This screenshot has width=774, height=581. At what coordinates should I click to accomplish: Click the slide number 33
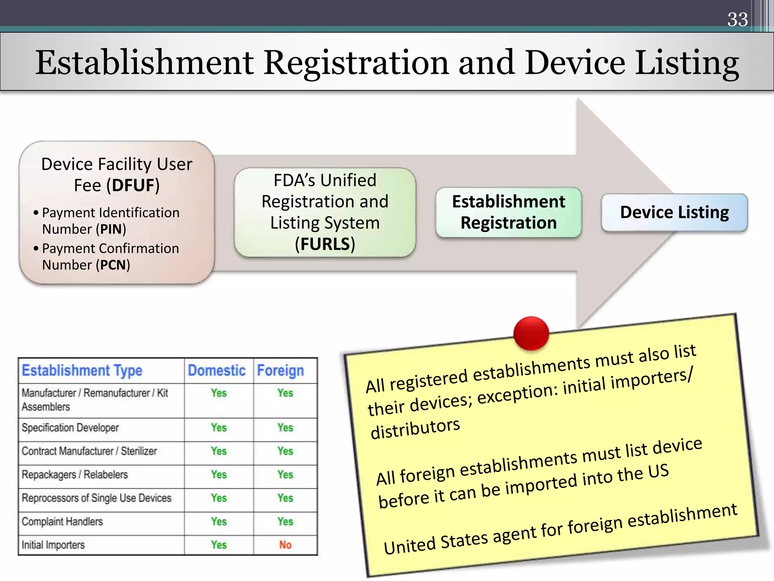(737, 19)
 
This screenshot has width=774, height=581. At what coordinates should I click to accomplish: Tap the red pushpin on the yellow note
(531, 333)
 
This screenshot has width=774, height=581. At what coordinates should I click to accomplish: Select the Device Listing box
(674, 212)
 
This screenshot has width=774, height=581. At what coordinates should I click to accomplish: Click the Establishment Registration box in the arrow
(508, 212)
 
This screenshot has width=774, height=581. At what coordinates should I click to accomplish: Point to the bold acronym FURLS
(325, 244)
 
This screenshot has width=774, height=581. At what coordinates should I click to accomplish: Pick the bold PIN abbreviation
(111, 229)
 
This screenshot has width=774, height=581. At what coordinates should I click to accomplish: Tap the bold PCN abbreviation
(113, 265)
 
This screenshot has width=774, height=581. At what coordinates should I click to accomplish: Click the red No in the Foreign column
(285, 545)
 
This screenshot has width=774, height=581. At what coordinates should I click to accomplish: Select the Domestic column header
(217, 370)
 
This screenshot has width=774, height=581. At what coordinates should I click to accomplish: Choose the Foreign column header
(280, 370)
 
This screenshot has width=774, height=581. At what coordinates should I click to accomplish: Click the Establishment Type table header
(82, 370)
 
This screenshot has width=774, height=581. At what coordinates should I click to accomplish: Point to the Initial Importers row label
(53, 545)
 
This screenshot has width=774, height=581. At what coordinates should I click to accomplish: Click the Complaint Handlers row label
(62, 521)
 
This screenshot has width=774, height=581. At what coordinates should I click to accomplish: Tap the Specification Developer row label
(70, 427)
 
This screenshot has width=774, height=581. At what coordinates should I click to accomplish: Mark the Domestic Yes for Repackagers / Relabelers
(219, 474)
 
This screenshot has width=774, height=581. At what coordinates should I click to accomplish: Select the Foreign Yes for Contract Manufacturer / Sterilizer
(285, 451)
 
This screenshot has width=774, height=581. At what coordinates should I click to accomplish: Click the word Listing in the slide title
(687, 62)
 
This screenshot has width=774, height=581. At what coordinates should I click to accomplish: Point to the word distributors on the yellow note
(415, 429)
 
